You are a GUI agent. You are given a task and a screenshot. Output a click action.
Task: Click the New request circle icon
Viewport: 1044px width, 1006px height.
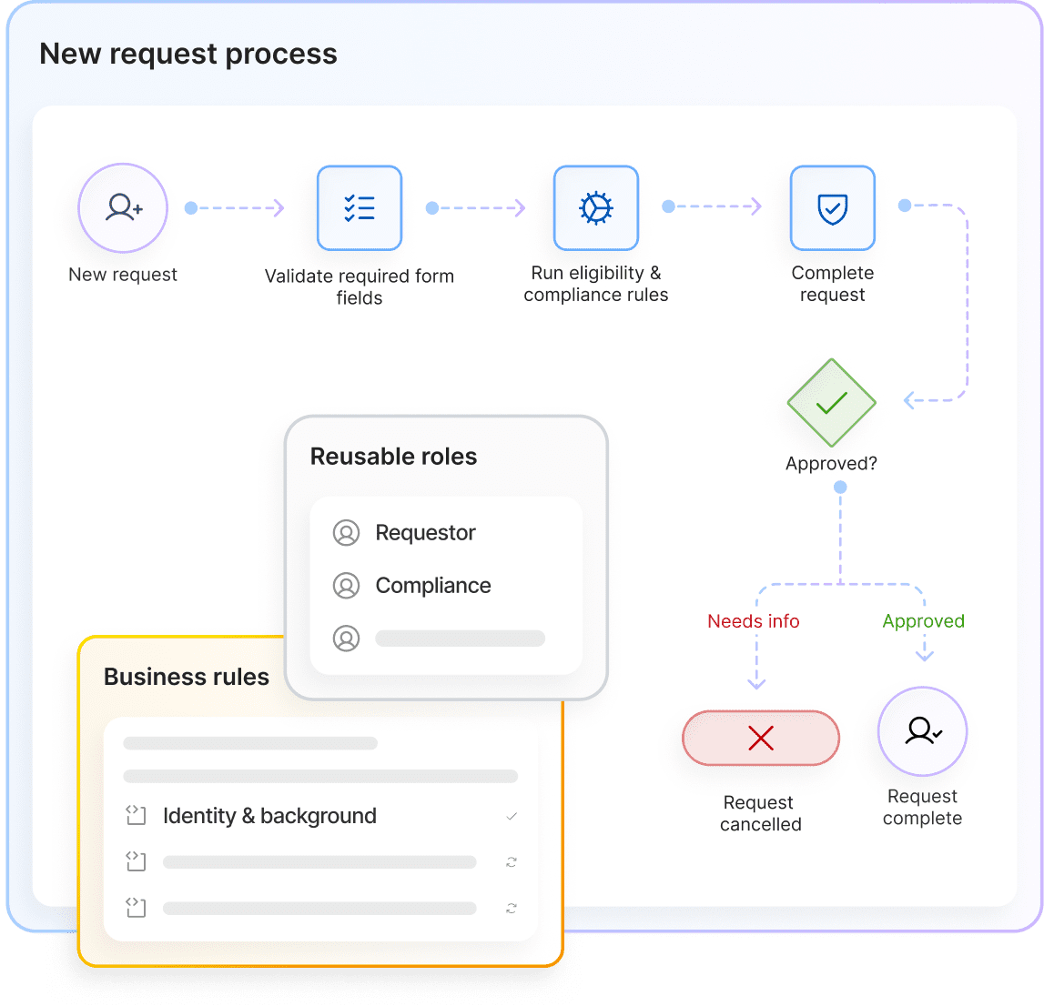(123, 208)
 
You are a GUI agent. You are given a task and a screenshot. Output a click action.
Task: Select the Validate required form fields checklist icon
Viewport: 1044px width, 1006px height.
(360, 208)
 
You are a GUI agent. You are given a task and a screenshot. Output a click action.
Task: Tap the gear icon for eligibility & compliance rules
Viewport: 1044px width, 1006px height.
(596, 208)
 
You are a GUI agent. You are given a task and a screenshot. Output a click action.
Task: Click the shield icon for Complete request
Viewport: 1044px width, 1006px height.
(833, 208)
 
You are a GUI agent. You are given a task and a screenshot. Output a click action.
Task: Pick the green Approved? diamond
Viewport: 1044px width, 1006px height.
(832, 403)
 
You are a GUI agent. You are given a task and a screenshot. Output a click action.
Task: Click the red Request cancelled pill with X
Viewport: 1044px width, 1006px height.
(761, 738)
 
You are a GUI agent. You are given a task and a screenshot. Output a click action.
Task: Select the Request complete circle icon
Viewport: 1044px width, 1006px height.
(922, 731)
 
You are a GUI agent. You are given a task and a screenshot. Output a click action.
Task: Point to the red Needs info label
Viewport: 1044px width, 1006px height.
(754, 621)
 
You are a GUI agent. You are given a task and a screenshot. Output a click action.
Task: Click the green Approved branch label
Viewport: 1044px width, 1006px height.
(924, 621)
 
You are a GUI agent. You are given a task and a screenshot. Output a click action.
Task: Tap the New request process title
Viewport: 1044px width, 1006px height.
(188, 54)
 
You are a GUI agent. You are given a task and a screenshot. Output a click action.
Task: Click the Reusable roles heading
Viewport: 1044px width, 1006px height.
(393, 457)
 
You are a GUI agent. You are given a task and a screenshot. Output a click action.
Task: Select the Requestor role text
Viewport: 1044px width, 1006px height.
(425, 533)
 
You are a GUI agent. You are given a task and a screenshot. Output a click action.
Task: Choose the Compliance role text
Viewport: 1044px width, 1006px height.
(433, 586)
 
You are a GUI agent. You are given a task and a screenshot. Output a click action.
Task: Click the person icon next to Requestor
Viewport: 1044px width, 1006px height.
(346, 533)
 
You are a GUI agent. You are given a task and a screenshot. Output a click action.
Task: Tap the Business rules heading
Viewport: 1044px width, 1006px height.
(187, 677)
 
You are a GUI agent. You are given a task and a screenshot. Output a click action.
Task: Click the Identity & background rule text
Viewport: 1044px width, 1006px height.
(269, 816)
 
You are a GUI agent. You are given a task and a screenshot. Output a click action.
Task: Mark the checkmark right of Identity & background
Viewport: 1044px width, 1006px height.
(512, 817)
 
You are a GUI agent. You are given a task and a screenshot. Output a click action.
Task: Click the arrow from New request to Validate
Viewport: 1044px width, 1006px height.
(238, 208)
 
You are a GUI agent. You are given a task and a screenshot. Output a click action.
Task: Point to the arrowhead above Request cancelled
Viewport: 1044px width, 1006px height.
(756, 683)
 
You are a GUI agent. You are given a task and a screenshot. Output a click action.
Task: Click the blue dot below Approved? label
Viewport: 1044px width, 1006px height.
(840, 488)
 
